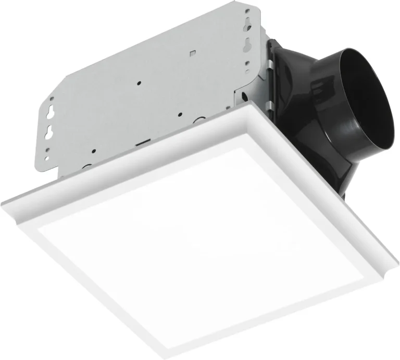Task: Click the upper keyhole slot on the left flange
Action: pyautogui.click(x=53, y=113)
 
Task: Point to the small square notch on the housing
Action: pyautogui.click(x=192, y=52)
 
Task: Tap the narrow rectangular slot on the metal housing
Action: pyautogui.click(x=142, y=142)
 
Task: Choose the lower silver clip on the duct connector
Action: pyautogui.click(x=270, y=105)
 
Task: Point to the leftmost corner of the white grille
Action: pyautogui.click(x=2, y=200)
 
